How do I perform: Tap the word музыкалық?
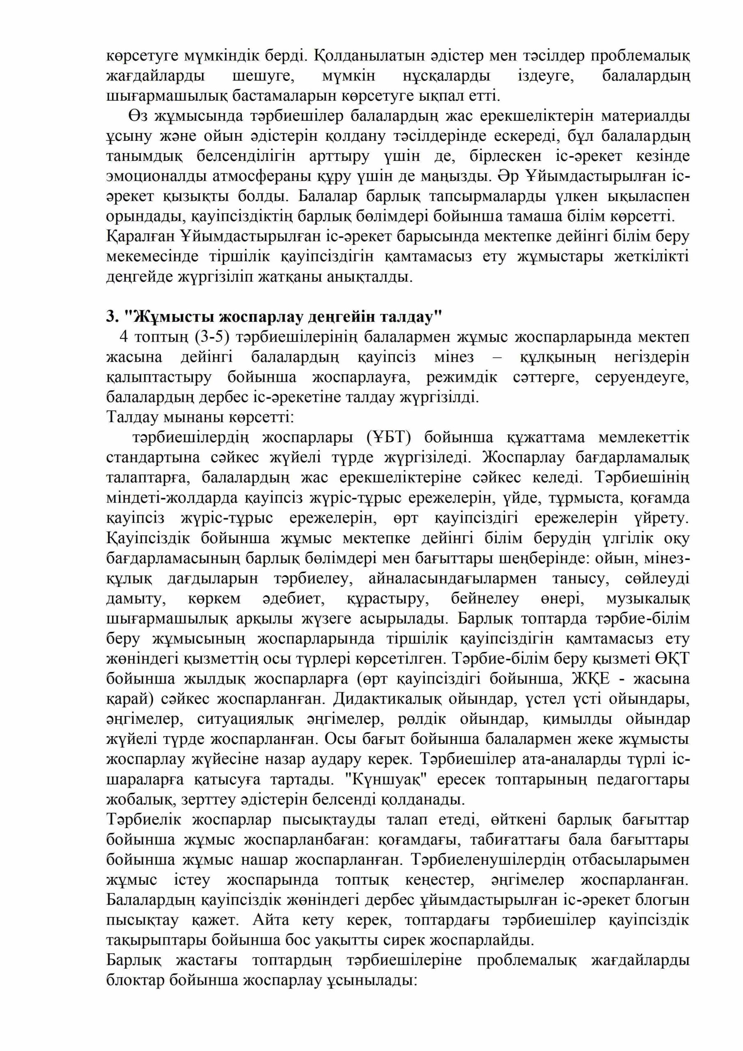[x=647, y=598]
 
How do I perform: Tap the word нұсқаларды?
[x=446, y=76]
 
